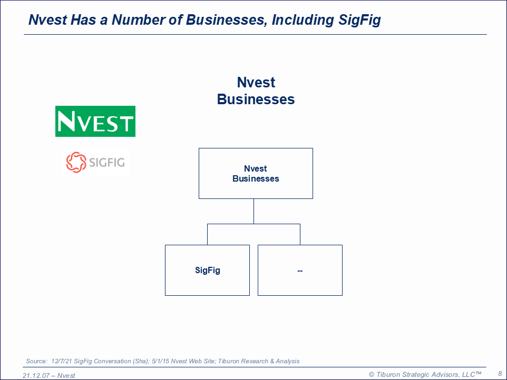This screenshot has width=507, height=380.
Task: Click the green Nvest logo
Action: tap(95, 121)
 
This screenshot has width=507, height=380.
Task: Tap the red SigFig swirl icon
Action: tap(76, 162)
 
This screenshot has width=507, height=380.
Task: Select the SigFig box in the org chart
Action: tap(207, 270)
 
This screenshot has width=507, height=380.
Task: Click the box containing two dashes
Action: tap(300, 270)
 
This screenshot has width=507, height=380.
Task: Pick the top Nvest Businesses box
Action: tap(256, 173)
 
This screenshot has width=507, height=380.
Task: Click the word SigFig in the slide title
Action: tap(359, 20)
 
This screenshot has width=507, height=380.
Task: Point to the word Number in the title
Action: tap(139, 19)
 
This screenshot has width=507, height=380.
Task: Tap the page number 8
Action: tap(500, 374)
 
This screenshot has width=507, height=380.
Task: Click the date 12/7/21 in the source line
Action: tap(62, 361)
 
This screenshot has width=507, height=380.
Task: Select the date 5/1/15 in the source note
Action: tap(160, 361)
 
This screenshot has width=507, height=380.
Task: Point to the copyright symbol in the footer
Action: tap(372, 375)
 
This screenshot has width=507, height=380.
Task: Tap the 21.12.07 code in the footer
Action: tap(36, 375)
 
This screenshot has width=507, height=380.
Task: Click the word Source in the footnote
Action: tap(36, 361)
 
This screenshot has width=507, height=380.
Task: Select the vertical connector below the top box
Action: tap(254, 211)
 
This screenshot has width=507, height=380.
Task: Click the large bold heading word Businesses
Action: tap(256, 99)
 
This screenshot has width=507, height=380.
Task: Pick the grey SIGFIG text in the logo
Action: tap(106, 162)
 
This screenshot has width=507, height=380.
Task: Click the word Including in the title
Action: tap(303, 20)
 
